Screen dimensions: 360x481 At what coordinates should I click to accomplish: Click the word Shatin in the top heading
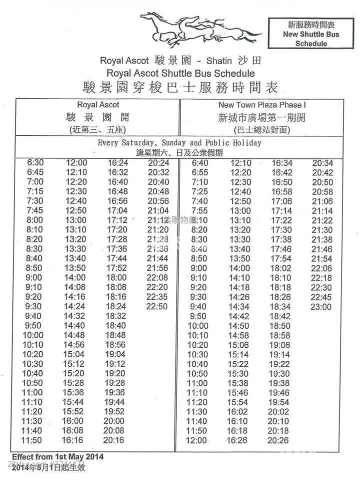tap(219, 61)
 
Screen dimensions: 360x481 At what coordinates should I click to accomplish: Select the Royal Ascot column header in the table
tap(98, 105)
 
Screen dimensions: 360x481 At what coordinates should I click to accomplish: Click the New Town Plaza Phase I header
tap(261, 105)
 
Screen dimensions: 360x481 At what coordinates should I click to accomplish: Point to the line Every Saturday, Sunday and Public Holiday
tap(179, 143)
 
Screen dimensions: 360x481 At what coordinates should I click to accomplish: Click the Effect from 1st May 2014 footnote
tap(58, 457)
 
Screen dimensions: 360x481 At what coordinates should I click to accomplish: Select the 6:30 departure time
tap(35, 163)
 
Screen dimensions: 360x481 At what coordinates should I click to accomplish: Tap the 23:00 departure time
tap(321, 307)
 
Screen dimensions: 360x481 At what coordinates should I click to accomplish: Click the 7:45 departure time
tap(35, 210)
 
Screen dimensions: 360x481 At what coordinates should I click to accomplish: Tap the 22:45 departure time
tap(321, 297)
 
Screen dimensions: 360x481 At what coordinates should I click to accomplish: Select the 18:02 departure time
tap(280, 268)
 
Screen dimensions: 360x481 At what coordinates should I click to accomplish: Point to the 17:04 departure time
tap(117, 210)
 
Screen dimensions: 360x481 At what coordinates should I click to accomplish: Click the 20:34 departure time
tap(322, 163)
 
